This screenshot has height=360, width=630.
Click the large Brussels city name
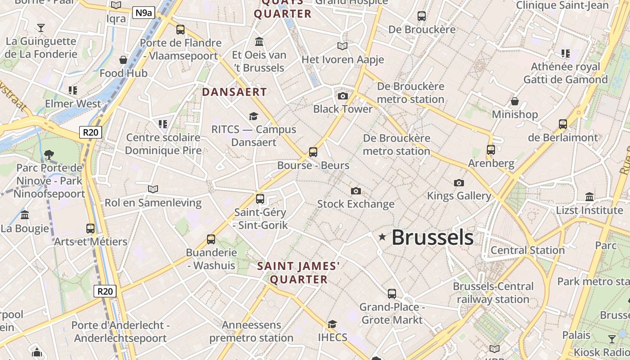pyautogui.click(x=432, y=237)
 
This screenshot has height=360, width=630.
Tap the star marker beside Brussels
pyautogui.click(x=382, y=237)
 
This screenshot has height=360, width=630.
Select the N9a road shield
pyautogui.click(x=144, y=13)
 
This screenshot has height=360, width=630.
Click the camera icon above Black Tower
pyautogui.click(x=343, y=96)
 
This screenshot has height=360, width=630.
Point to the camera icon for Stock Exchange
pyautogui.click(x=356, y=191)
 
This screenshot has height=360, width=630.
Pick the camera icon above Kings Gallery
pyautogui.click(x=459, y=183)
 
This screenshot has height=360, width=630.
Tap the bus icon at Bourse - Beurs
pyautogui.click(x=313, y=152)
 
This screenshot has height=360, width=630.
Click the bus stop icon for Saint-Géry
pyautogui.click(x=260, y=199)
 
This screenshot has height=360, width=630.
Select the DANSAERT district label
pyautogui.click(x=234, y=92)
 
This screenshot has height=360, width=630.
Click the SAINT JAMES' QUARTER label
pyautogui.click(x=299, y=273)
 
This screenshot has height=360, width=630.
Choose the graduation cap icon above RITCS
pyautogui.click(x=254, y=116)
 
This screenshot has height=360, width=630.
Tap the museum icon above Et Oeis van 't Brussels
pyautogui.click(x=259, y=42)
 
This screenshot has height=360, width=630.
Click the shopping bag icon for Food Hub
pyautogui.click(x=123, y=60)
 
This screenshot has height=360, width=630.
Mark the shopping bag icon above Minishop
pyautogui.click(x=515, y=101)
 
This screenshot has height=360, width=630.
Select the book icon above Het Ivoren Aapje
pyautogui.click(x=342, y=46)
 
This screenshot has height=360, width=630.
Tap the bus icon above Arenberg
pyautogui.click(x=491, y=150)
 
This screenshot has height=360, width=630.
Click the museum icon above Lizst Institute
pyautogui.click(x=589, y=197)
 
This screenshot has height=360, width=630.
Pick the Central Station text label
pyautogui.click(x=527, y=250)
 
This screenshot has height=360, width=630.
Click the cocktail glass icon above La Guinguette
pyautogui.click(x=41, y=28)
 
